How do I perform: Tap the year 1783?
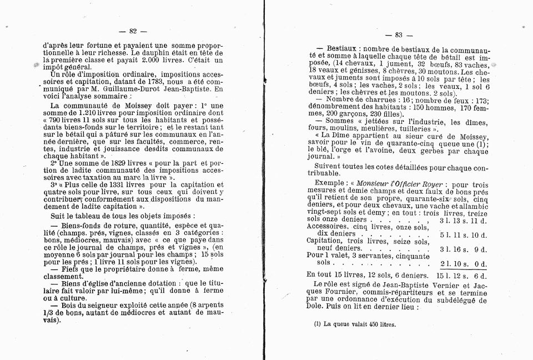[166, 82]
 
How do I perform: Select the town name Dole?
[316, 307]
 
